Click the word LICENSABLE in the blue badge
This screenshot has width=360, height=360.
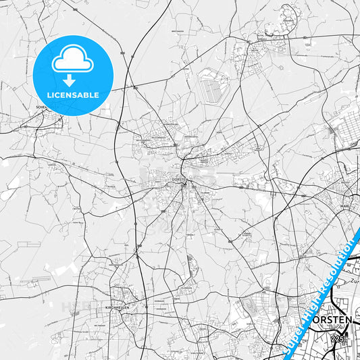[73, 95]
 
